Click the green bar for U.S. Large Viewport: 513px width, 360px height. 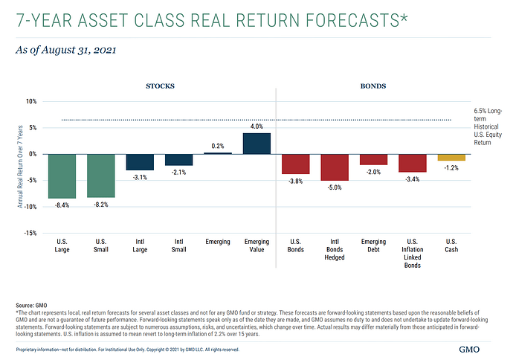click(62, 176)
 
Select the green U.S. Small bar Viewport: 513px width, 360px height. click(101, 175)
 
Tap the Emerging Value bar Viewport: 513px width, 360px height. click(256, 144)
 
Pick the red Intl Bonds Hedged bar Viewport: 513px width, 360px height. click(334, 167)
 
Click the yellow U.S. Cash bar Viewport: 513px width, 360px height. click(451, 157)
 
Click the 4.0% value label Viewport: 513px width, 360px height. click(256, 127)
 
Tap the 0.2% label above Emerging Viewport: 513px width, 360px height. click(218, 147)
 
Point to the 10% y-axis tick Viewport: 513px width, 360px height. click(31, 101)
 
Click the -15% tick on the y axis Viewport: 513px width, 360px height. click(30, 233)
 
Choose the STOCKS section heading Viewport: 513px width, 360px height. click(159, 86)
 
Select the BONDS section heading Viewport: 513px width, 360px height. click(372, 86)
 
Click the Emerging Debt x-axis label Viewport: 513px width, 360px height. click(373, 245)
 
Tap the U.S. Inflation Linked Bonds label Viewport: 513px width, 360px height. click(412, 254)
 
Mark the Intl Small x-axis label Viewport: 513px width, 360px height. click(178, 245)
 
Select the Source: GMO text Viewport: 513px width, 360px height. click(31, 306)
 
